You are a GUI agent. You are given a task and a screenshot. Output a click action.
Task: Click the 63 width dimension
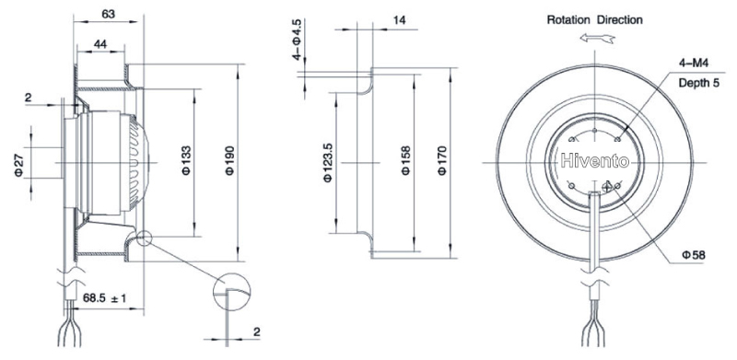[108, 14]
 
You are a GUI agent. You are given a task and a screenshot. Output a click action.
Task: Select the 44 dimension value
[100, 44]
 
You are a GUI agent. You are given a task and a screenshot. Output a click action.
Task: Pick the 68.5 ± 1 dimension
[104, 298]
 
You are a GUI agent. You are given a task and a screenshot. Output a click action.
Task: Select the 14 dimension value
[400, 20]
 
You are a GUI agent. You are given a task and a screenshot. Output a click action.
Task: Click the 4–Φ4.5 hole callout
[297, 40]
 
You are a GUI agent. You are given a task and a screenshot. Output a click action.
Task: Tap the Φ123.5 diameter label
[328, 163]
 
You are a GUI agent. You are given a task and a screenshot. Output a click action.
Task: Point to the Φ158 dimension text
[406, 161]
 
